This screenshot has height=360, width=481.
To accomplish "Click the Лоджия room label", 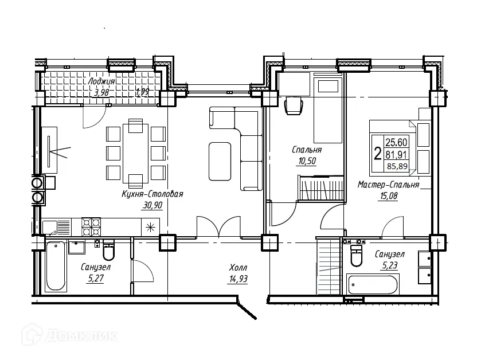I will pos(101,81).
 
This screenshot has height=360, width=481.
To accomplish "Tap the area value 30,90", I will pos(152,205).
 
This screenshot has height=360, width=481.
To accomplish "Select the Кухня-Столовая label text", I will pos(152,194).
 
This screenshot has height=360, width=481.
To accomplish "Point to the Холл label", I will pos(238,268).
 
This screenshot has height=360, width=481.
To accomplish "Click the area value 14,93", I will pos(238,279).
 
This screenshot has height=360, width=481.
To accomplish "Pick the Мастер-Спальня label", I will pos(389,185).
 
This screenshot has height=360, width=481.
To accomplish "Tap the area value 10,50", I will pos(307,161).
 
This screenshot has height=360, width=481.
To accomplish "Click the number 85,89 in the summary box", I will pos(397,167).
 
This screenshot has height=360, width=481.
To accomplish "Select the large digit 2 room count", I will pos(377,154).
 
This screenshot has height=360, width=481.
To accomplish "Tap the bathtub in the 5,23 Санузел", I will pos(373,285).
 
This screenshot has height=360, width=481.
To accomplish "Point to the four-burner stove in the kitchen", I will pos(91,227).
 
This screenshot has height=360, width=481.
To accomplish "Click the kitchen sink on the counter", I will pos(56,227).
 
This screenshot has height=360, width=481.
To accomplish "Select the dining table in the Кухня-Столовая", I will pos(135,152).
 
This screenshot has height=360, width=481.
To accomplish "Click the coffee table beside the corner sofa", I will pos(220,161).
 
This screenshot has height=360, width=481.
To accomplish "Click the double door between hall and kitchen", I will pos(217,226).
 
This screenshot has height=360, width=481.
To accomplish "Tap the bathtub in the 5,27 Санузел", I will pos(55,266).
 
